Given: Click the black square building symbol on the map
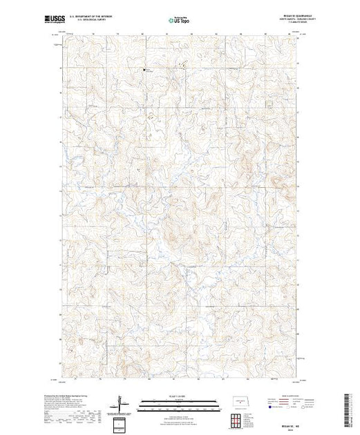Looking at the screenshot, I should point(144,68).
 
